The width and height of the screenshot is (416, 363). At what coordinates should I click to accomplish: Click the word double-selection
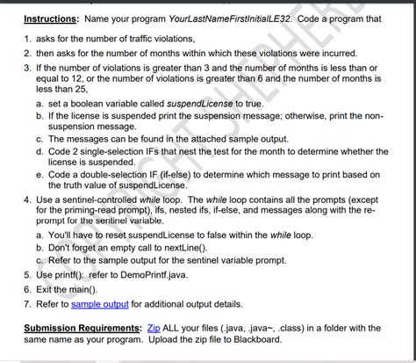[109, 174]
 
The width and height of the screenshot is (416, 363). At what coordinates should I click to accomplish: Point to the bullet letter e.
[39, 174]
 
